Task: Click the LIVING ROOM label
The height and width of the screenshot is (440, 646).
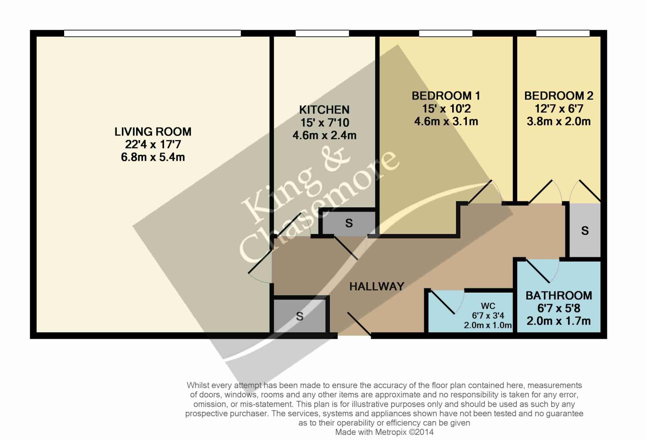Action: pyautogui.click(x=153, y=131)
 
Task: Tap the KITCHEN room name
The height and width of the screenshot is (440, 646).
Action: pyautogui.click(x=324, y=109)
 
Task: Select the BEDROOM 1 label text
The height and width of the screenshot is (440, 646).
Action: pyautogui.click(x=446, y=96)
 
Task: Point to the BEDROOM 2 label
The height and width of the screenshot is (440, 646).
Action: pyautogui.click(x=559, y=96)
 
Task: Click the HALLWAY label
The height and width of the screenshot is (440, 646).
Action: pyautogui.click(x=377, y=287)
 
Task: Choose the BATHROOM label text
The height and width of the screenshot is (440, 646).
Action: pyautogui.click(x=559, y=296)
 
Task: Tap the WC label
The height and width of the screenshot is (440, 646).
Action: pyautogui.click(x=488, y=306)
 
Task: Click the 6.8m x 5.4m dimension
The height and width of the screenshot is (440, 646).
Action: pyautogui.click(x=153, y=157)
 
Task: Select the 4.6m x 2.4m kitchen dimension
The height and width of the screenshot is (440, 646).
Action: pyautogui.click(x=324, y=135)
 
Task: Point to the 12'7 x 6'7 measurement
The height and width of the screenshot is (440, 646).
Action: pyautogui.click(x=559, y=109)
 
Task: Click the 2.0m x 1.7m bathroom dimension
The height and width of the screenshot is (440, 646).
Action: pyautogui.click(x=559, y=321)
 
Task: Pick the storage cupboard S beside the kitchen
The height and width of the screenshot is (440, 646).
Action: pyautogui.click(x=349, y=223)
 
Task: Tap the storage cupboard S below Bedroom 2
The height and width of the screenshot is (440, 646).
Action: pyautogui.click(x=584, y=231)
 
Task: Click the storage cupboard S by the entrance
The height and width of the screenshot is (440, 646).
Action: pyautogui.click(x=299, y=316)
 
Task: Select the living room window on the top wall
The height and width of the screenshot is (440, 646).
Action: pyautogui.click(x=152, y=34)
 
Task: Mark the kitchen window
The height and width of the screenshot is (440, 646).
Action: pyautogui.click(x=322, y=34)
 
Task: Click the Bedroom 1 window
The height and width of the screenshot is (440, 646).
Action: pyautogui.click(x=446, y=34)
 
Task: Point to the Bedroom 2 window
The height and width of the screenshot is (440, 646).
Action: pyautogui.click(x=562, y=34)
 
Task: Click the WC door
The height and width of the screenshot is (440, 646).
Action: pyautogui.click(x=442, y=303)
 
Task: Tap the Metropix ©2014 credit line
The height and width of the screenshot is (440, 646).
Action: pyautogui.click(x=384, y=432)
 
